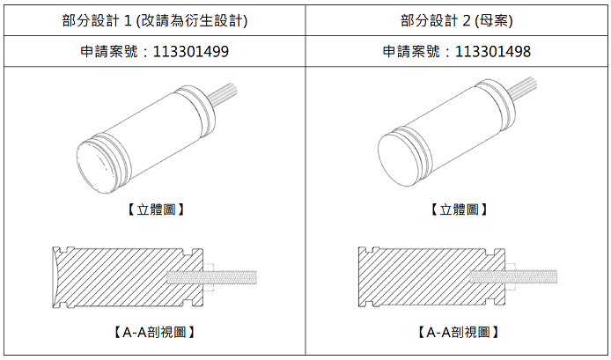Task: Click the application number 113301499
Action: (190, 51)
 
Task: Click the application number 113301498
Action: (492, 51)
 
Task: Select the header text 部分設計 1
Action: (97, 20)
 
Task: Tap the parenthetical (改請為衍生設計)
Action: (192, 20)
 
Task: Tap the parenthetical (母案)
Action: (493, 20)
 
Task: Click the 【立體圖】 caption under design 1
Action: (156, 209)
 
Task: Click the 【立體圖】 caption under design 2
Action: (459, 209)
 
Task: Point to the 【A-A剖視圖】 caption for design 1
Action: (154, 333)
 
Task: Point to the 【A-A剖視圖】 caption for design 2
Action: (458, 333)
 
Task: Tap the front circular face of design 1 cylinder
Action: (96, 167)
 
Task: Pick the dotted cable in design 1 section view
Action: (212, 277)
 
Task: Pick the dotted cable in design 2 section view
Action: (513, 277)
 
